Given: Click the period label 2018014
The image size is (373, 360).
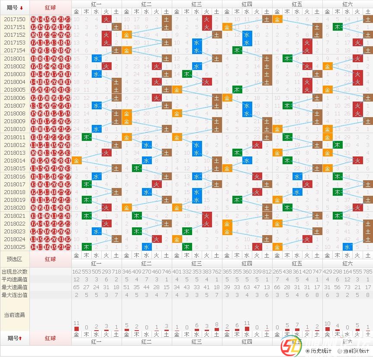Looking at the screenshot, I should click(x=15, y=160).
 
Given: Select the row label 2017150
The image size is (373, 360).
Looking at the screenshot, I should click(x=15, y=19).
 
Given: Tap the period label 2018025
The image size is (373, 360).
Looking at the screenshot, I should click(x=15, y=247).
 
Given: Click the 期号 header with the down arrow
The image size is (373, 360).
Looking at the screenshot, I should click(x=15, y=7).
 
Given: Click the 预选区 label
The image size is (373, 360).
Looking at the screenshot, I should click(x=15, y=259).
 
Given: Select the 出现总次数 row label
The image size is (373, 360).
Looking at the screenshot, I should click(x=15, y=271).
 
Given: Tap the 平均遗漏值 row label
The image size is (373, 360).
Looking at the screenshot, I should click(x=15, y=279).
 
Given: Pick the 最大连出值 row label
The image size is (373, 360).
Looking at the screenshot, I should click(x=15, y=295).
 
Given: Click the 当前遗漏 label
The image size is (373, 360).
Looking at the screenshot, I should click(x=15, y=315).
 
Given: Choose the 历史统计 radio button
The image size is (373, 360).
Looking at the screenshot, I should click(x=308, y=351).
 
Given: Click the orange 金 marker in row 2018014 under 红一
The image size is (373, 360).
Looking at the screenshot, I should click(x=77, y=160).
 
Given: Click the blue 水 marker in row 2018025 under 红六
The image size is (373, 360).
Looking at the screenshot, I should click(x=347, y=247).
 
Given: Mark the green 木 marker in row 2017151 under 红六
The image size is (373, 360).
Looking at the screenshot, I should click(x=338, y=27).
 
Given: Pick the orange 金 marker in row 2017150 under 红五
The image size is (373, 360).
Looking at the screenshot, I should click(x=277, y=19).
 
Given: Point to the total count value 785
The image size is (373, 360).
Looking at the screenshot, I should click(x=368, y=271).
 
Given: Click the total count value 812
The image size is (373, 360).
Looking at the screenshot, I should click(x=267, y=271).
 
